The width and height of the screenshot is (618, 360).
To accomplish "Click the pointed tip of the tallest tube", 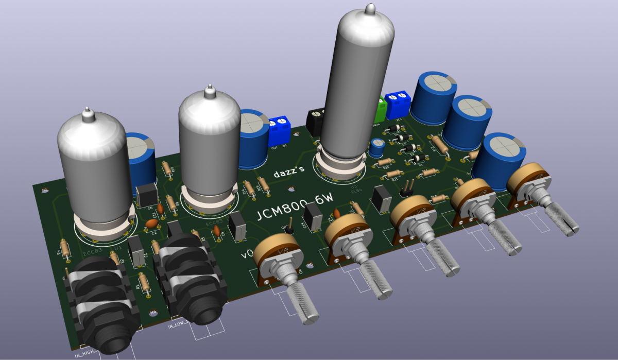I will coord(369,8).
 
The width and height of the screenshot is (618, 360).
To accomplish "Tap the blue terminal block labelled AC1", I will coord(398,102).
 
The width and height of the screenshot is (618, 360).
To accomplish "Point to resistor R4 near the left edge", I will coord(65,249).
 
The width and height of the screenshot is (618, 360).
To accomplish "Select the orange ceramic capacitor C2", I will coord(152,224).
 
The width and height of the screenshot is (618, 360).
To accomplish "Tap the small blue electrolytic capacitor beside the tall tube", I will coord(377,147).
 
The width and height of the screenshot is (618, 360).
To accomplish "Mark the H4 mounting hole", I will coord(45,190).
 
